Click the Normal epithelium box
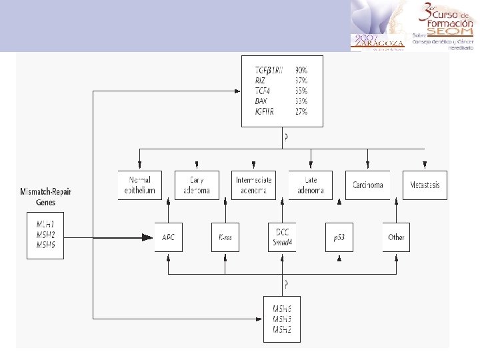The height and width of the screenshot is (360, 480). (139, 185)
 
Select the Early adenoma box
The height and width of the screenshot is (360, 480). (197, 185)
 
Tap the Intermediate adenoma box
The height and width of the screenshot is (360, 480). (253, 185)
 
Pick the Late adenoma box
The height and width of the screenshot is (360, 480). (311, 185)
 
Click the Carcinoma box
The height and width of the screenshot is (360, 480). (367, 185)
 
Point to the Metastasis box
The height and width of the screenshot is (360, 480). (425, 185)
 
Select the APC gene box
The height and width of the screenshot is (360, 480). (168, 237)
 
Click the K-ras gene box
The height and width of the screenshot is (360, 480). (225, 237)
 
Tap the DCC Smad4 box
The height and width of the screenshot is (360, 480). (282, 237)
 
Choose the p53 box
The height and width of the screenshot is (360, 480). (339, 237)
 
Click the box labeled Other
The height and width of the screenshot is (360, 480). (396, 237)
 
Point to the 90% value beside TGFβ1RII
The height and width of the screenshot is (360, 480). (301, 70)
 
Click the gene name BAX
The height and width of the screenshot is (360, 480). (261, 101)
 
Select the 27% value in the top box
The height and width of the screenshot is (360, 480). (301, 111)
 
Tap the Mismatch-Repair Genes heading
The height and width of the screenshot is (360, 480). (46, 196)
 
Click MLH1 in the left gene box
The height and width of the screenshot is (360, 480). (46, 225)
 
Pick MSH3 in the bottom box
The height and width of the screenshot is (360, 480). (282, 319)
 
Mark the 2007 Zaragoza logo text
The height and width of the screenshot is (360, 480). (378, 40)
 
